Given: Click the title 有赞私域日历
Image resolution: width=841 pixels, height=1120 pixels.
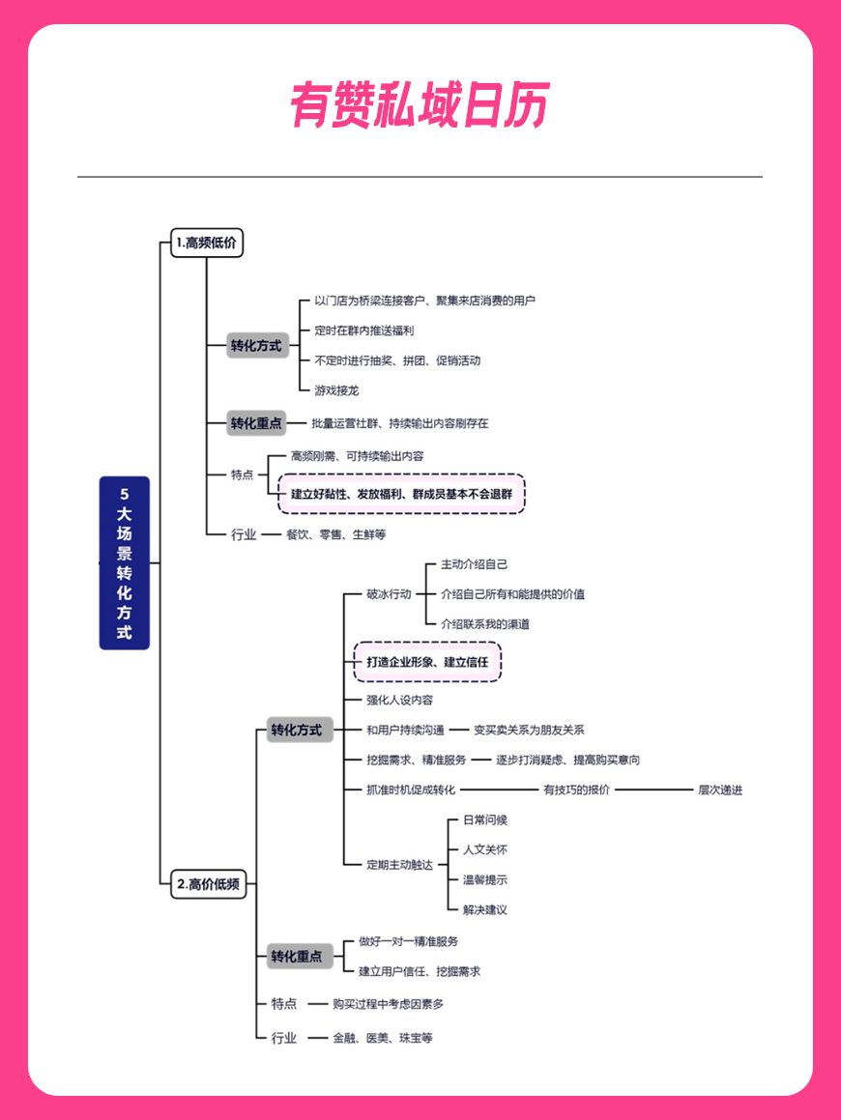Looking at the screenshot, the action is tap(420, 105).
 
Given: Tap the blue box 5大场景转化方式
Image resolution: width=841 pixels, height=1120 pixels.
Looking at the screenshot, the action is tap(125, 562).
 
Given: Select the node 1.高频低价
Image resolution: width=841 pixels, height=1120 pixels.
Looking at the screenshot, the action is tap(207, 243).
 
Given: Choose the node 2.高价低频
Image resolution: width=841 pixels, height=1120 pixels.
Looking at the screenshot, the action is tap(209, 884).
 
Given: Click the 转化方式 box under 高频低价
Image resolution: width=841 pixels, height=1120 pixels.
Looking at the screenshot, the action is tap(256, 346).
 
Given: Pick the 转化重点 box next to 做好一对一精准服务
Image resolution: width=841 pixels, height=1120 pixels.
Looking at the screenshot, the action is tap(297, 957).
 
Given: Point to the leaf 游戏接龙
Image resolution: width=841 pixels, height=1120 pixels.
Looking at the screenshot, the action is tap(336, 390).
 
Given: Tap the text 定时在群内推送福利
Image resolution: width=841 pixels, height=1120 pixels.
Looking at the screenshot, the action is tap(364, 330).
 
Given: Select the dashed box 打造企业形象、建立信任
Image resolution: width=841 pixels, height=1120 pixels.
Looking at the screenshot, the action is tap(427, 662).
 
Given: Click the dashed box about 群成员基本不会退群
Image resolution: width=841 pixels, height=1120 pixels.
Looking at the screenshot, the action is tap(401, 494).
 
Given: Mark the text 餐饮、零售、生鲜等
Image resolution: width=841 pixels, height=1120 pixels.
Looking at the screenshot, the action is tap(335, 534).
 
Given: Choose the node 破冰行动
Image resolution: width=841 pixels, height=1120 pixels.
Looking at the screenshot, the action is tap(389, 593).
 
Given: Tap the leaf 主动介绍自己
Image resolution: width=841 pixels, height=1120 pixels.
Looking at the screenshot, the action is tap(475, 564).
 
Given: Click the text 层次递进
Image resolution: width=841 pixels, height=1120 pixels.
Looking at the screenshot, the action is tap(720, 790).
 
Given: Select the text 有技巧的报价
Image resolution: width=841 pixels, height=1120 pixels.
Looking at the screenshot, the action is tap(577, 790).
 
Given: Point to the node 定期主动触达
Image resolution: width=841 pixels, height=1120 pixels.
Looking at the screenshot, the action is tap(399, 865).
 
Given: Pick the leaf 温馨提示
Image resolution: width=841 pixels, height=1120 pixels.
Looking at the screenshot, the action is tap(485, 880).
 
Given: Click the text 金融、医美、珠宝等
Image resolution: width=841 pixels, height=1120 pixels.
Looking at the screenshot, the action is tap(383, 1038).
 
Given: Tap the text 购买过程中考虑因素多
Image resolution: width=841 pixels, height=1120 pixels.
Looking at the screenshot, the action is tap(388, 1004).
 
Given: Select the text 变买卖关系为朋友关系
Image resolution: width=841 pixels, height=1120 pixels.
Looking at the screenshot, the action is tap(530, 730).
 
